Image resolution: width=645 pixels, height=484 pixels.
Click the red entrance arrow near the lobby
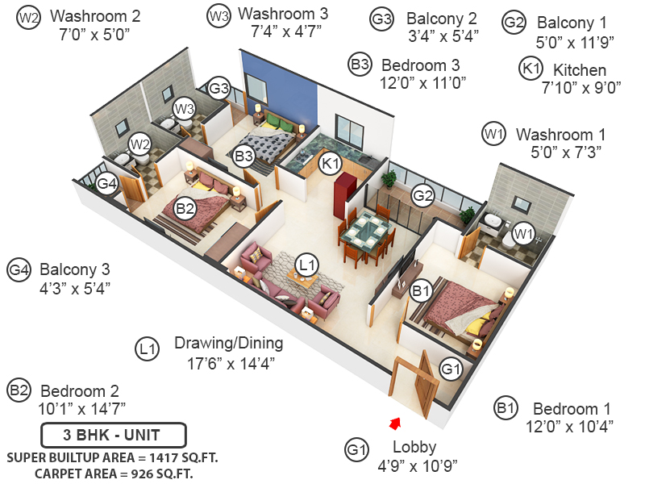tap(395, 422)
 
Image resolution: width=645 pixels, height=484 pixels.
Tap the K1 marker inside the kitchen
tap(329, 164)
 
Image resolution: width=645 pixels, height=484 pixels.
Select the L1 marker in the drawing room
tap(306, 264)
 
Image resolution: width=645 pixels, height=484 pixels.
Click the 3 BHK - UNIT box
tap(113, 435)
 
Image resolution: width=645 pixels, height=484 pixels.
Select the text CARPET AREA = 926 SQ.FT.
tap(114, 473)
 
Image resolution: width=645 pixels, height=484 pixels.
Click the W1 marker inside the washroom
tap(524, 234)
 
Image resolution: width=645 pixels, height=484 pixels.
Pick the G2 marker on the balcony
tap(423, 194)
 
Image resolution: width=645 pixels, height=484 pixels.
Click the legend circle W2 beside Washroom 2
tap(28, 16)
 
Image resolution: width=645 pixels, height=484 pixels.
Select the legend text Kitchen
tap(574, 70)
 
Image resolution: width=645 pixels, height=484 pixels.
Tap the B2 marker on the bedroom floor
tap(185, 209)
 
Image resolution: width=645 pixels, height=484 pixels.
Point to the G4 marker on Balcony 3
tap(107, 185)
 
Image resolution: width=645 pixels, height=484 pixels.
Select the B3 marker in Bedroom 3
tap(244, 156)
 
